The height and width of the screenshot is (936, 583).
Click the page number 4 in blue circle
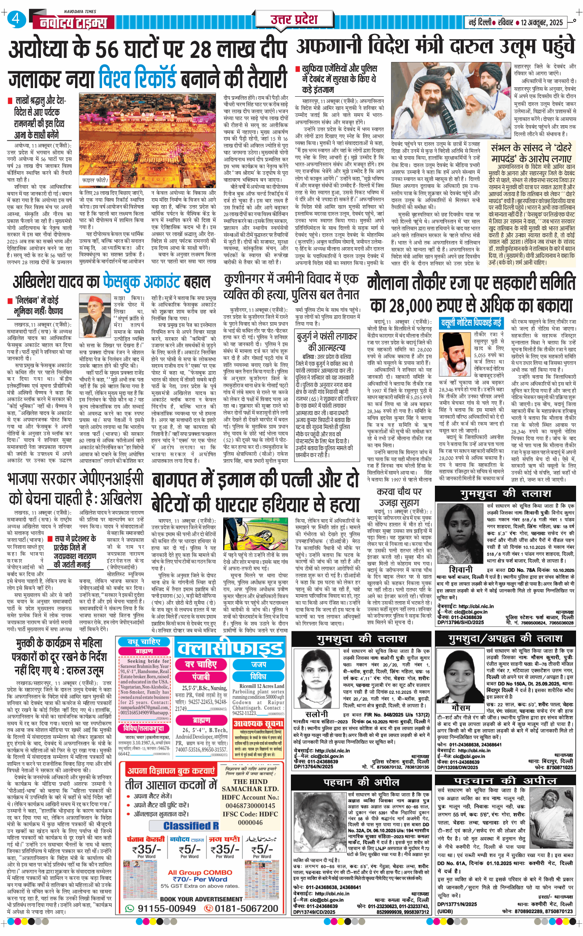click(16, 19)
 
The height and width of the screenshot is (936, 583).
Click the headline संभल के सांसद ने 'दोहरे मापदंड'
click(532, 153)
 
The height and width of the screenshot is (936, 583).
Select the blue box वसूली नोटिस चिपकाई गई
click(471, 323)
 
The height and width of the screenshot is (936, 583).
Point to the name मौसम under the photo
click(461, 708)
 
